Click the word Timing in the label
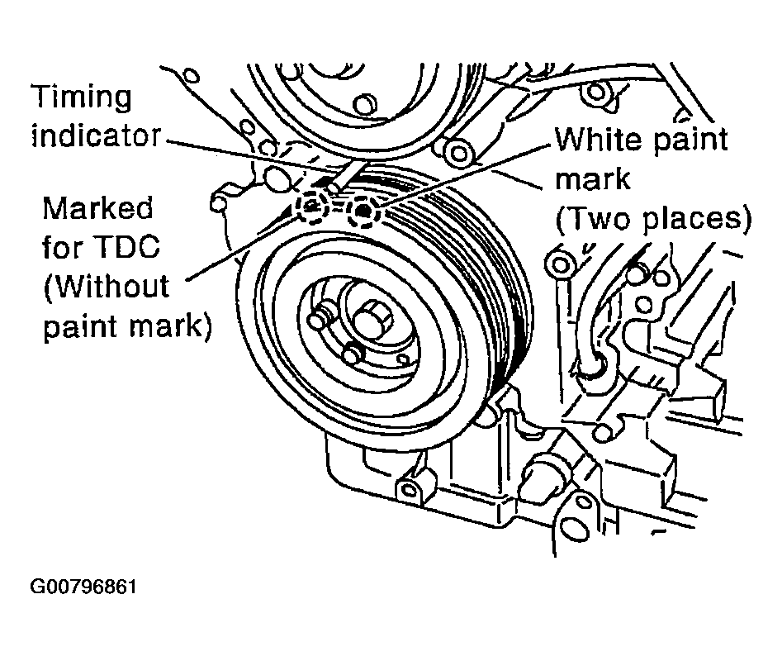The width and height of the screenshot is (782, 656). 82,97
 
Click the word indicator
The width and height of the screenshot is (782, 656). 97,135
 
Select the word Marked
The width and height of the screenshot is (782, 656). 97,208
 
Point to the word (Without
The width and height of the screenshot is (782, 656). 107,287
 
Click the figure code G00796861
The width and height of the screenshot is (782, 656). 83,587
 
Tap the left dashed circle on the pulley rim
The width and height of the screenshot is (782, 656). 311,206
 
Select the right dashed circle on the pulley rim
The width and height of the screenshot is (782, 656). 363,212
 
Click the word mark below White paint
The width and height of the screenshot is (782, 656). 593,179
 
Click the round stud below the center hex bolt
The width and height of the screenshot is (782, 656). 352,353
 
